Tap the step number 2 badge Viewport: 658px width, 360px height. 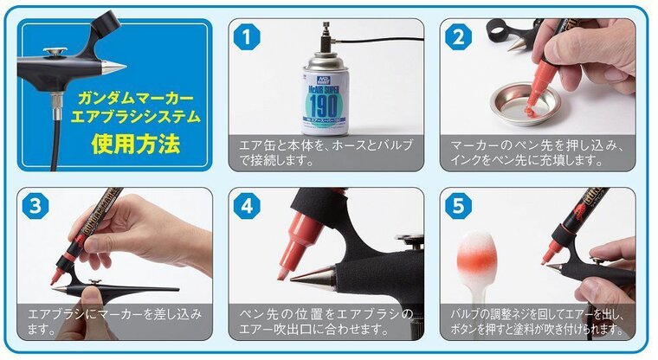tap(459, 37)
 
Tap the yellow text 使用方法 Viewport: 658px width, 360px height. tap(136, 143)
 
